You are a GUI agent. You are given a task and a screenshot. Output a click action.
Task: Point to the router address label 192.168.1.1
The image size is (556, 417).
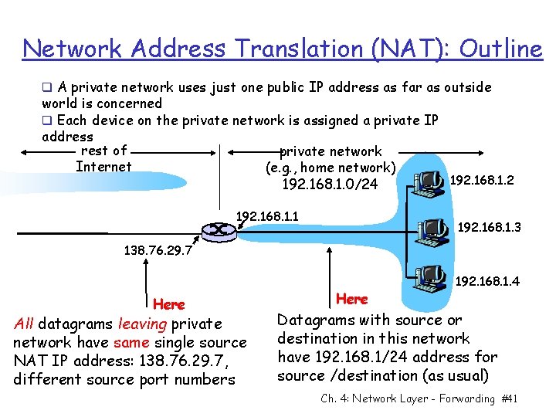[x=267, y=215]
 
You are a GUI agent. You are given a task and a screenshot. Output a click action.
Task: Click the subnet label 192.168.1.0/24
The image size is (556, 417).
[x=330, y=185]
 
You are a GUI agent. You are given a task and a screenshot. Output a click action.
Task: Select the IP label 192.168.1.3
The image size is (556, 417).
[x=490, y=227]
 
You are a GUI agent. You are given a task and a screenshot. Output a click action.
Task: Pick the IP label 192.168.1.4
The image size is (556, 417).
[x=488, y=281]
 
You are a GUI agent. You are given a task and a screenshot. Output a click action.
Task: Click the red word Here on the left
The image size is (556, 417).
[x=169, y=304]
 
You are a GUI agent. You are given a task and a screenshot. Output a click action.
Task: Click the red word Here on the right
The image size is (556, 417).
[x=352, y=298]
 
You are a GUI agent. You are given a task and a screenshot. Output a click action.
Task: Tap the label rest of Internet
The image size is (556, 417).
[x=103, y=159]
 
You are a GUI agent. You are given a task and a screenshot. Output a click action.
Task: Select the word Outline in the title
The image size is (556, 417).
[x=501, y=49]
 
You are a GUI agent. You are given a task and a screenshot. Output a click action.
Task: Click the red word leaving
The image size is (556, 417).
[x=144, y=324]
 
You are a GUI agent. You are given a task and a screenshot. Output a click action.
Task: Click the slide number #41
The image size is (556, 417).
[x=509, y=398]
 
